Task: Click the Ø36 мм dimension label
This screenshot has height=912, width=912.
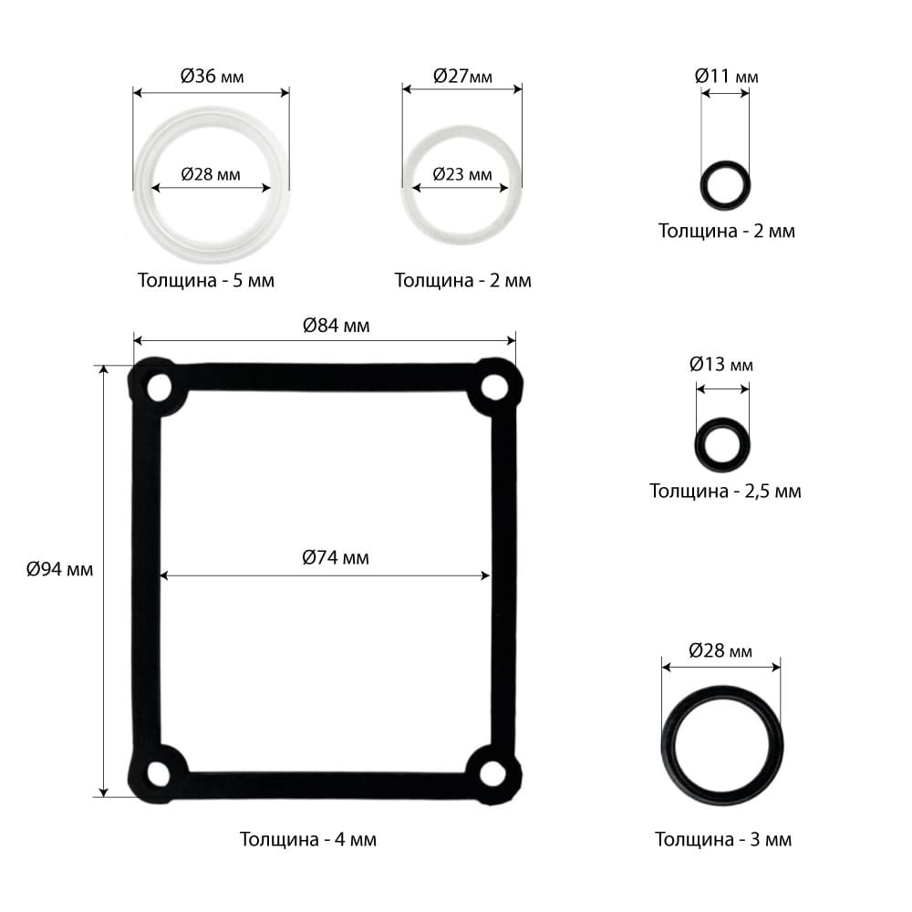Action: pyautogui.click(x=212, y=77)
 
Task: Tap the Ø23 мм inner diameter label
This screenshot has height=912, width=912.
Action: pyautogui.click(x=462, y=174)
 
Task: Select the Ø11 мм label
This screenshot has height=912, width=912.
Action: pyautogui.click(x=727, y=77)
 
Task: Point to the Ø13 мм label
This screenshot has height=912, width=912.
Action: pyautogui.click(x=721, y=364)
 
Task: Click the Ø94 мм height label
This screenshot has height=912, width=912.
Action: pyautogui.click(x=60, y=569)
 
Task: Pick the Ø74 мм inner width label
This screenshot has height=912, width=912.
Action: pyautogui.click(x=336, y=557)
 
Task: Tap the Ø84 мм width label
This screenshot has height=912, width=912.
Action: pyautogui.click(x=337, y=326)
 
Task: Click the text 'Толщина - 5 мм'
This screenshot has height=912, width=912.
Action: pyautogui.click(x=206, y=280)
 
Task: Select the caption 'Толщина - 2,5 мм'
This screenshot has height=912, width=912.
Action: pyautogui.click(x=725, y=491)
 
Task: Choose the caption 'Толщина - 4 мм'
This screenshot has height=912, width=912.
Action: pyautogui.click(x=308, y=839)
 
